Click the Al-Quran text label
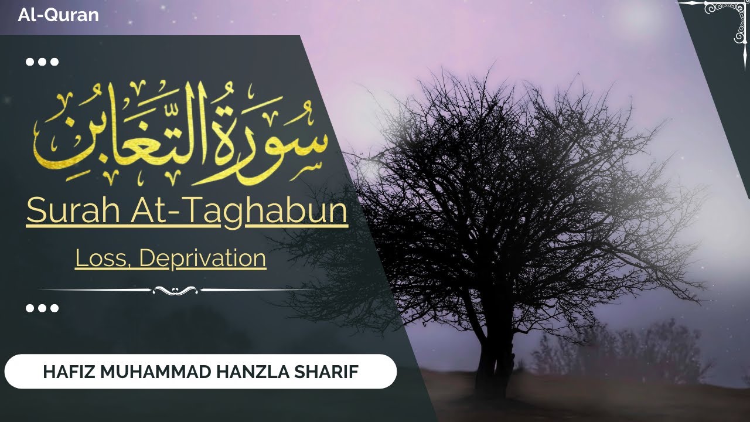click(58, 15)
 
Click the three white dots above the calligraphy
click(43, 62)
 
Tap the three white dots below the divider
click(43, 308)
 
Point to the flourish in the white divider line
click(175, 290)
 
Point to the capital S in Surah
click(35, 211)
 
